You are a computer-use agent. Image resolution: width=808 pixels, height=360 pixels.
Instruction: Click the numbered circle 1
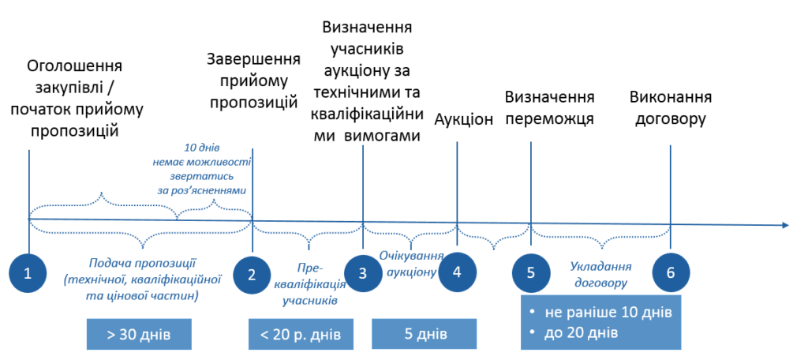pos(28,273)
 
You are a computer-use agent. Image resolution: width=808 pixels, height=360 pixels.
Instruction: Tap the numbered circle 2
pos(252,274)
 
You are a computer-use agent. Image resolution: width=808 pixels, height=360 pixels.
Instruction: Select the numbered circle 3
pos(363,273)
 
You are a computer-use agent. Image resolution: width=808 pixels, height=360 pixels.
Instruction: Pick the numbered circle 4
pos(457,272)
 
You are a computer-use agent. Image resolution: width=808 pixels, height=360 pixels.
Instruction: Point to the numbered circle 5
pos(531,273)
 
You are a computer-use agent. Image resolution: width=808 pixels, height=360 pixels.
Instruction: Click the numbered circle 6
pos(671,273)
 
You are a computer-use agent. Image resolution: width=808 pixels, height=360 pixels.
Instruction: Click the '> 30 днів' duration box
pos(139,334)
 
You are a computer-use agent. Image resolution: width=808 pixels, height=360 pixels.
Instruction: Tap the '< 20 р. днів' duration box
pos(301,334)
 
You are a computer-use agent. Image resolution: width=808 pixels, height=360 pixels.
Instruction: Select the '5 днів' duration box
pos(424,334)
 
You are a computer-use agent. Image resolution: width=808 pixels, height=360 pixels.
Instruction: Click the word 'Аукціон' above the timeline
pos(464,119)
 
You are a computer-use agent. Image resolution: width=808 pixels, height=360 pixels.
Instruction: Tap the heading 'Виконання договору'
pos(671,108)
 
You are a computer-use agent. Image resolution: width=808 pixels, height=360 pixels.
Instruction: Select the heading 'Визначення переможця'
pos(550,108)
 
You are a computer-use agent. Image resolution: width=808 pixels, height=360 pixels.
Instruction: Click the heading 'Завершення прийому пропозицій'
pos(253,80)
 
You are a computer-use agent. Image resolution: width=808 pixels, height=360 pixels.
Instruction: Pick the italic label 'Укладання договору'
pos(600,275)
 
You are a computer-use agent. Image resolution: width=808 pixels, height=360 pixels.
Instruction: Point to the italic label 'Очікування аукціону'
pos(411,264)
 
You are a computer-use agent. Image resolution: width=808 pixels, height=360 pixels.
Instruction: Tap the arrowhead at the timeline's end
pos(785,225)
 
